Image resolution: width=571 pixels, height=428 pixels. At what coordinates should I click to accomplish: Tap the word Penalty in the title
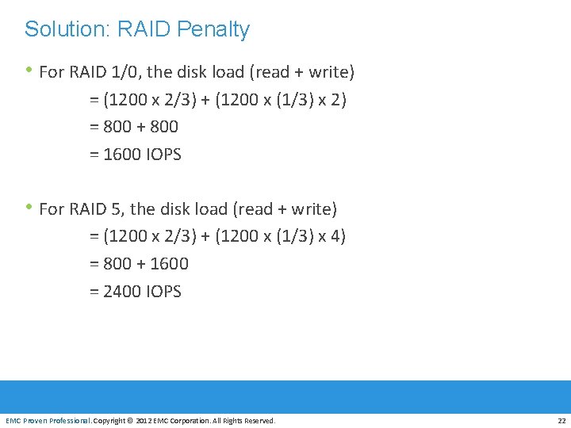tap(213, 29)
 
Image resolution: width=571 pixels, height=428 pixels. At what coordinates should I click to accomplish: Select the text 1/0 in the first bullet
tap(127, 72)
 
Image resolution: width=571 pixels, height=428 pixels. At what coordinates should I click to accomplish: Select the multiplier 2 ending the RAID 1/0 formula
tap(336, 100)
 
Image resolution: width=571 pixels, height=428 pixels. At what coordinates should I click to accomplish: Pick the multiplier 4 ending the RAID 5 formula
tap(336, 236)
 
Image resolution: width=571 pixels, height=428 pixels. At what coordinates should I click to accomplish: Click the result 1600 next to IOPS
tap(123, 155)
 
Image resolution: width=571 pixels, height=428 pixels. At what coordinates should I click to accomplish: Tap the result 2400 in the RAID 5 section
tap(123, 292)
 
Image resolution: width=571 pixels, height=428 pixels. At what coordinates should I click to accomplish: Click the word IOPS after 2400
tap(164, 292)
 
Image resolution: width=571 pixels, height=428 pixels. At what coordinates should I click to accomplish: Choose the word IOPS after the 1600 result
tap(164, 155)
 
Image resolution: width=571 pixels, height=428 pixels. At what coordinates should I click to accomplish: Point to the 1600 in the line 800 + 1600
tap(169, 264)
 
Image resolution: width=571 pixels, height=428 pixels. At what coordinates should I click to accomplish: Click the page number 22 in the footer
tap(561, 420)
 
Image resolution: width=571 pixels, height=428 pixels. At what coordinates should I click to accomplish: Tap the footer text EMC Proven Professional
tap(48, 420)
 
